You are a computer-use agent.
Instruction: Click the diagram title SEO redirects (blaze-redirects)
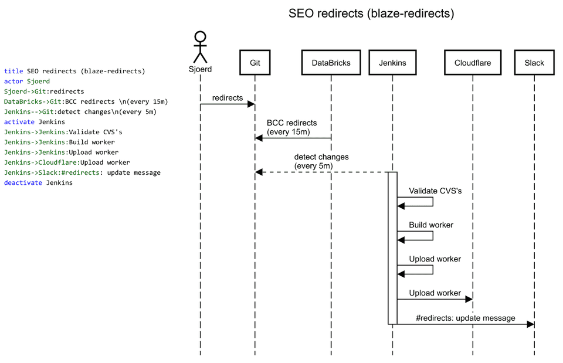[x=371, y=13]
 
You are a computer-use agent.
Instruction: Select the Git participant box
[x=255, y=63]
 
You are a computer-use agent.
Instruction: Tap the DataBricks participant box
[x=331, y=63]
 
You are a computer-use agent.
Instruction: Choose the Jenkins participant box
[x=392, y=63]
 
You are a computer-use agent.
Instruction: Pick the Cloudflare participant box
[x=472, y=63]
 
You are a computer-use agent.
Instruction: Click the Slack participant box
[x=534, y=63]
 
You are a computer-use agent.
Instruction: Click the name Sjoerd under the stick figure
[x=201, y=69]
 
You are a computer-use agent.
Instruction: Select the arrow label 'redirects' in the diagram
[x=228, y=98]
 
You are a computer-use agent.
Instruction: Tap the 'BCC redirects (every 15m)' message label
[x=291, y=128]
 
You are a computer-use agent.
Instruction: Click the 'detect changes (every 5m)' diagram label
[x=321, y=162]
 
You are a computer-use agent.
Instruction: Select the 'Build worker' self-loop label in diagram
[x=431, y=225]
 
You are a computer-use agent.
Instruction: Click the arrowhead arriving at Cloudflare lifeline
[x=469, y=299]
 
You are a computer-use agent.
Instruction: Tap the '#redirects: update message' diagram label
[x=466, y=318]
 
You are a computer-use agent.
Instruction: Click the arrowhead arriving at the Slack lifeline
[x=530, y=324]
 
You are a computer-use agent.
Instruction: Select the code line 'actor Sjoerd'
[x=27, y=82]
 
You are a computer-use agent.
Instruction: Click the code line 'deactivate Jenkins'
[x=38, y=182]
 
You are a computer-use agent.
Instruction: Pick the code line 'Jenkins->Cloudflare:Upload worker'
[x=67, y=162]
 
